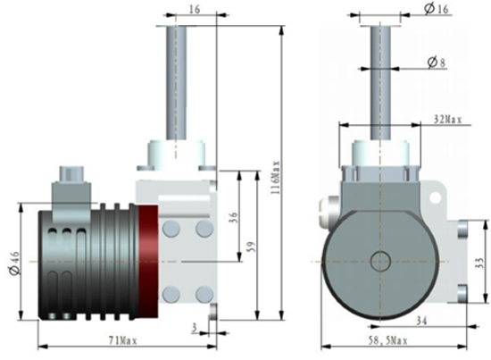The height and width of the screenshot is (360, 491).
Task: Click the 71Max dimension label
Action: pyautogui.click(x=122, y=340)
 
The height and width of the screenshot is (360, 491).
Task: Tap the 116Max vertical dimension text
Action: pyautogui.click(x=276, y=178)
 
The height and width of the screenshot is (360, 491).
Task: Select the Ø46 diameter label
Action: pyautogui.click(x=14, y=263)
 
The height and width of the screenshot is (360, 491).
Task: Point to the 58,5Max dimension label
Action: pyautogui.click(x=387, y=340)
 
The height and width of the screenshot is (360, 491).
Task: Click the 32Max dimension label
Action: pyautogui.click(x=448, y=120)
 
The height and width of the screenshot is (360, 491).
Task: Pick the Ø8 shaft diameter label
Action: pyautogui.click(x=437, y=62)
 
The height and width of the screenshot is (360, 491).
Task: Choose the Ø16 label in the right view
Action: pyautogui.click(x=437, y=9)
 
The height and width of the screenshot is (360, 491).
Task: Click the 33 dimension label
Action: pyautogui.click(x=479, y=263)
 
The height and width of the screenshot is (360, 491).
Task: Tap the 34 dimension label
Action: pyautogui.click(x=421, y=321)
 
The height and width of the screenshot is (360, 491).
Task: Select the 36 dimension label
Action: pyautogui.click(x=234, y=218)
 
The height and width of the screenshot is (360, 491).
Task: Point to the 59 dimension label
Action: pyautogui.click(x=251, y=247)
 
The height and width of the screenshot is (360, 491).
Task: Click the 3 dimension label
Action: pyautogui.click(x=194, y=328)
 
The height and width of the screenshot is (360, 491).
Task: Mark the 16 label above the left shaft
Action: pyautogui.click(x=195, y=9)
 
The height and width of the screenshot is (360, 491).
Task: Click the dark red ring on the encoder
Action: pyautogui.click(x=148, y=262)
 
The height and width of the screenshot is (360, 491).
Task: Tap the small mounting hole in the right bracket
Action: pyautogui.click(x=435, y=198)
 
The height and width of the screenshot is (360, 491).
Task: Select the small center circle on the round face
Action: pyautogui.click(x=380, y=261)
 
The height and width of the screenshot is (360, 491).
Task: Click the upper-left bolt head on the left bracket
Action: pyautogui.click(x=171, y=228)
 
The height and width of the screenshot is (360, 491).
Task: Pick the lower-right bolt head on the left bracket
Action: pyautogui.click(x=204, y=294)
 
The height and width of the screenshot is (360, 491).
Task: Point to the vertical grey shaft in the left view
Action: pyautogui.click(x=176, y=82)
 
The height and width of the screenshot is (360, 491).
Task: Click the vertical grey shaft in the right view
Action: pyautogui.click(x=380, y=82)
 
